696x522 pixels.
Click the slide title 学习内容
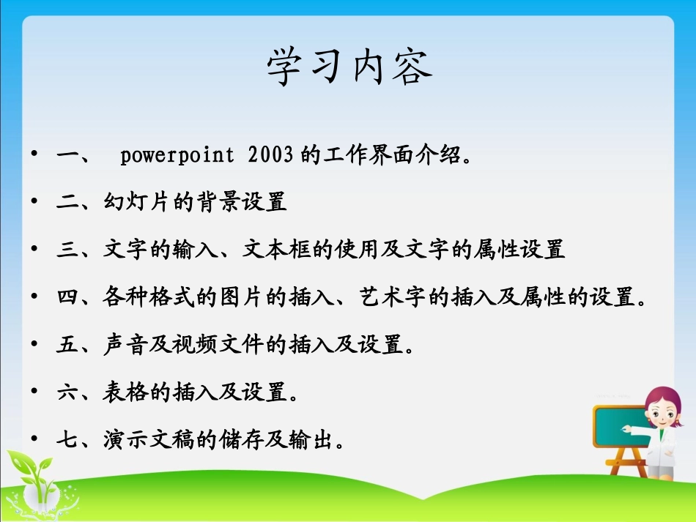(349, 68)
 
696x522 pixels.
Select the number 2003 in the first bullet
(270, 155)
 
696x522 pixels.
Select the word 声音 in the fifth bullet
(127, 344)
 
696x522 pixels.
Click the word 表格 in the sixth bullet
(127, 392)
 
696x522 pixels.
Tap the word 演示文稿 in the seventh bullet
(150, 440)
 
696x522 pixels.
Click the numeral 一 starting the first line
(67, 155)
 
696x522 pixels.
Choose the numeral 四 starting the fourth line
(67, 297)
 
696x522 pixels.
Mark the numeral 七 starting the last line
(67, 440)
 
